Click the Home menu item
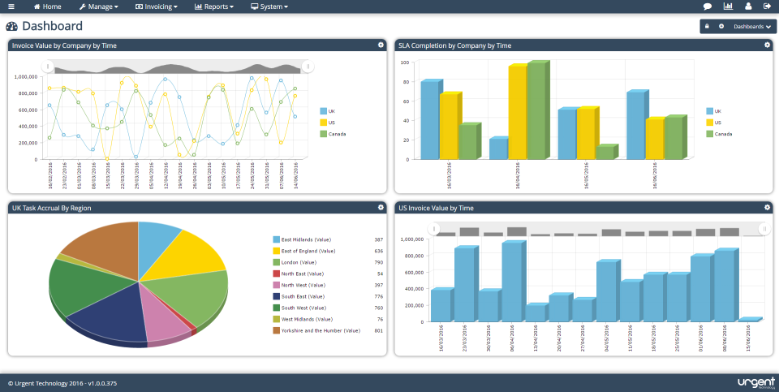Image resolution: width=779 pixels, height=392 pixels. pyautogui.click(x=46, y=6)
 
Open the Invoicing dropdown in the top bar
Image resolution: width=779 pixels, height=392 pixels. pyautogui.click(x=156, y=6)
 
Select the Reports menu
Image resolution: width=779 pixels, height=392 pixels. pyautogui.click(x=214, y=6)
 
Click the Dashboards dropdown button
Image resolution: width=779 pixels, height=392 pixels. pyautogui.click(x=751, y=27)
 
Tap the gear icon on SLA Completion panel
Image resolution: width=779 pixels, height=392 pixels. pyautogui.click(x=767, y=45)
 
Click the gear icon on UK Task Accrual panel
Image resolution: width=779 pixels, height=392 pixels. pyautogui.click(x=381, y=208)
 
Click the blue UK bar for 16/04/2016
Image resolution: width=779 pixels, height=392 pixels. pyautogui.click(x=498, y=149)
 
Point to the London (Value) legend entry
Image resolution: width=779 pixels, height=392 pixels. pyautogui.click(x=300, y=262)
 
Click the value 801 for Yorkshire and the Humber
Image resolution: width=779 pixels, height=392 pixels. pyautogui.click(x=378, y=330)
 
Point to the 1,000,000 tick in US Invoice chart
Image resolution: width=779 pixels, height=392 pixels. pyautogui.click(x=412, y=239)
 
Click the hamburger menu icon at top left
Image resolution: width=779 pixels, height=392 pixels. pyautogui.click(x=11, y=6)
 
